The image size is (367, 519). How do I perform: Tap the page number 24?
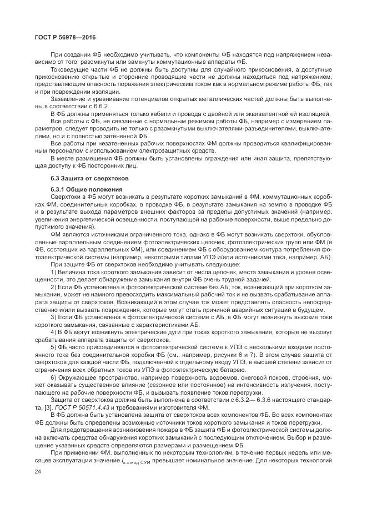pos(38,487)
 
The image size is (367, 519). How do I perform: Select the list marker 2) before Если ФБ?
pos(54,288)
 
